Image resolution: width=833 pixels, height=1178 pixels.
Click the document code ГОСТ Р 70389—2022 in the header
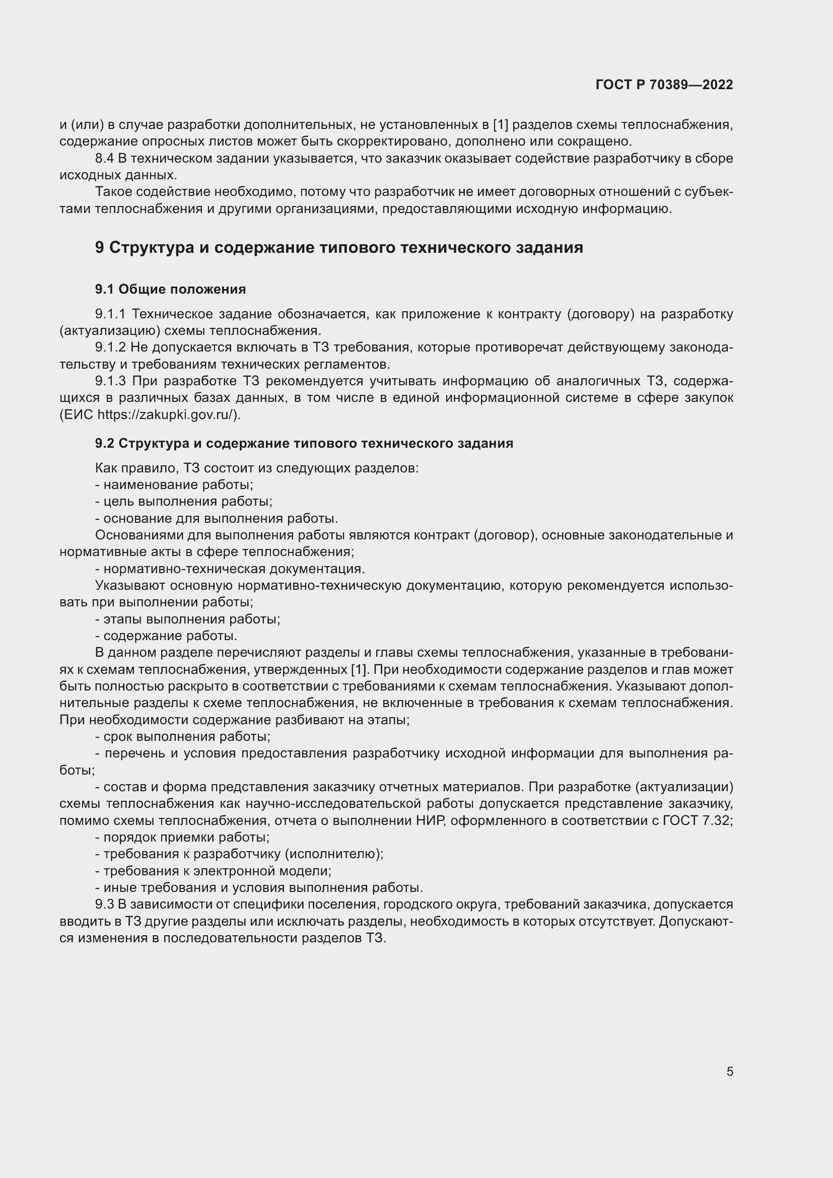tap(664, 85)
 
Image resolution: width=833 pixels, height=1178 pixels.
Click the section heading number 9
tap(100, 247)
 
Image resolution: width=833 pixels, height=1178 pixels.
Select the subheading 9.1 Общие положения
tap(170, 290)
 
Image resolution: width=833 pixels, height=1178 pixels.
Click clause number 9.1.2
tap(110, 348)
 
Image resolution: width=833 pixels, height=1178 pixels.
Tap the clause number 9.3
tap(104, 904)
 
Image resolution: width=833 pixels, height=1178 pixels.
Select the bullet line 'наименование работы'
tap(174, 485)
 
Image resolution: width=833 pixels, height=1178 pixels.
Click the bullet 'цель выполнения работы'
tap(184, 501)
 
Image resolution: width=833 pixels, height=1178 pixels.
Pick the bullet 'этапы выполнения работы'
tap(188, 619)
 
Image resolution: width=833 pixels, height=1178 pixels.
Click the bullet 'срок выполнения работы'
tap(183, 737)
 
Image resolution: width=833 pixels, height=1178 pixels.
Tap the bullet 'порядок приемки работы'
tap(183, 838)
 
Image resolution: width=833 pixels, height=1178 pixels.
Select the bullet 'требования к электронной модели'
tap(214, 871)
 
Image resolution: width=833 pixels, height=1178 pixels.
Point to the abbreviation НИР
tap(430, 820)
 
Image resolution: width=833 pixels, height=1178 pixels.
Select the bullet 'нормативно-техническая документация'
tap(230, 569)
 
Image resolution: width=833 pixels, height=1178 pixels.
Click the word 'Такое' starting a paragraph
tap(110, 192)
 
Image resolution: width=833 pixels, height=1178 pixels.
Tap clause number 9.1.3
tap(110, 381)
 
